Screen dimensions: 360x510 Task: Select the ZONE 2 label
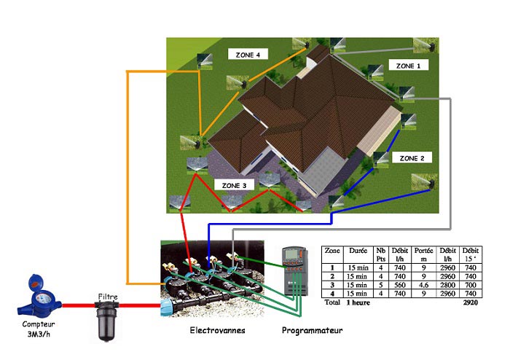(x=412, y=158)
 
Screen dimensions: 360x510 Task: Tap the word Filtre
(x=108, y=297)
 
